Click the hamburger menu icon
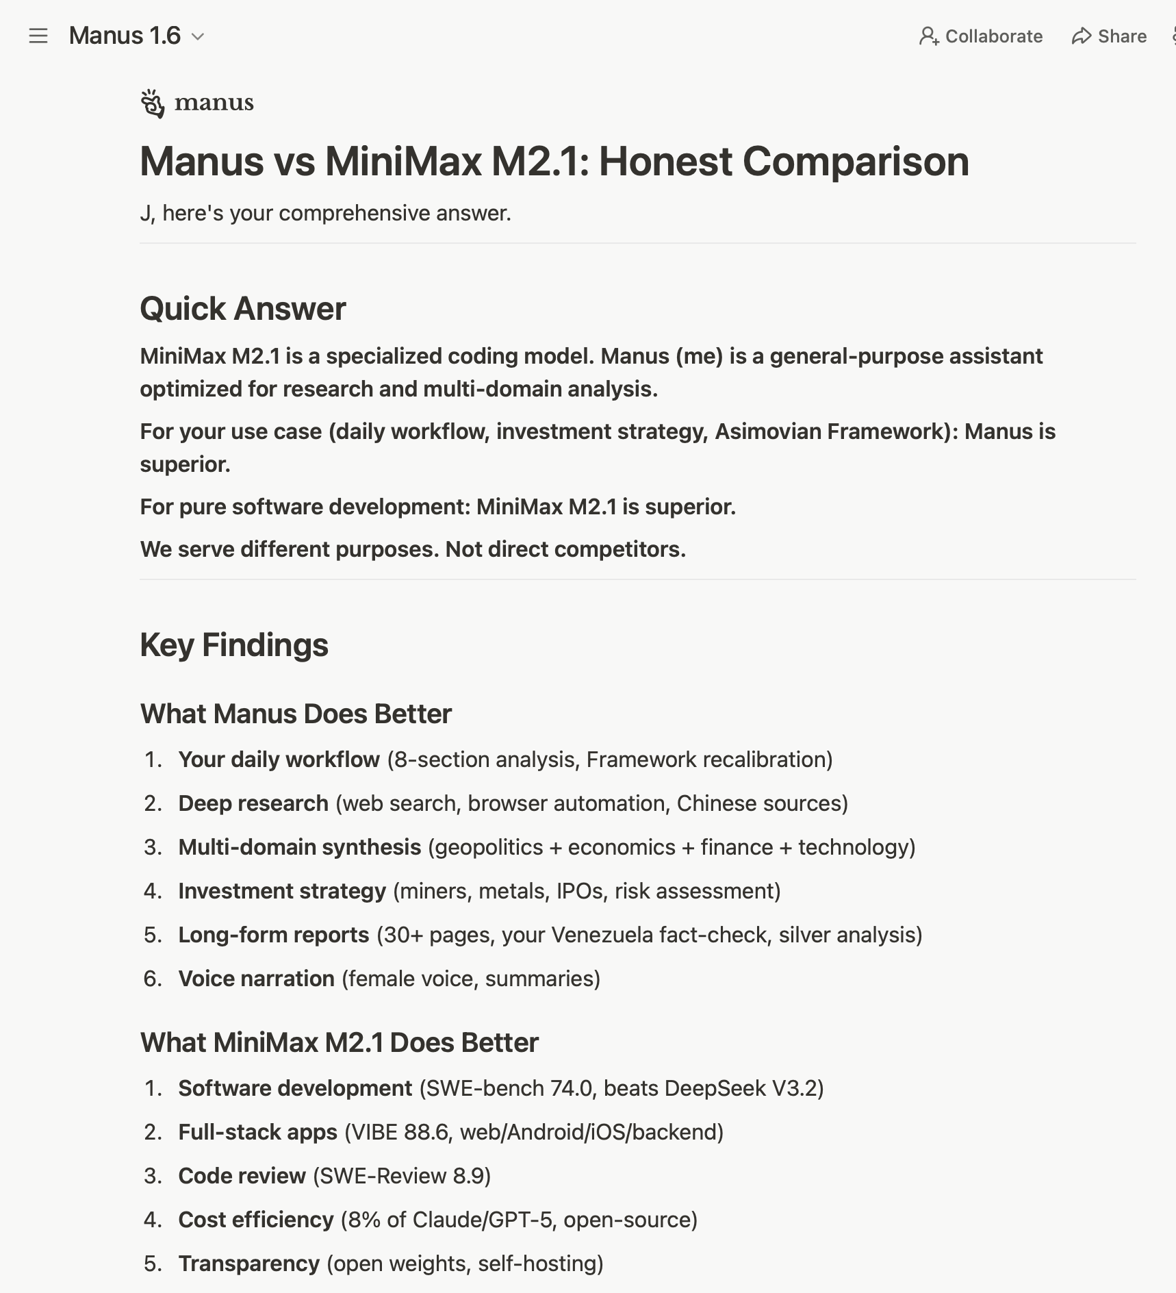click(38, 36)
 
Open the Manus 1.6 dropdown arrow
click(198, 36)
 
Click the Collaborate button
click(981, 36)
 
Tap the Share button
click(1109, 36)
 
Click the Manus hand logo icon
click(153, 103)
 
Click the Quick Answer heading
click(243, 308)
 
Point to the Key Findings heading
click(234, 644)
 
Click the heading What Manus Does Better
click(296, 714)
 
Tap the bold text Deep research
click(253, 803)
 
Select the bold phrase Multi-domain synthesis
click(300, 846)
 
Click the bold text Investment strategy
click(282, 890)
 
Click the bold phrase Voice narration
click(257, 978)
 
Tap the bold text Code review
click(242, 1175)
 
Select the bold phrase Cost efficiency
click(256, 1219)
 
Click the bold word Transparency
click(249, 1263)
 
